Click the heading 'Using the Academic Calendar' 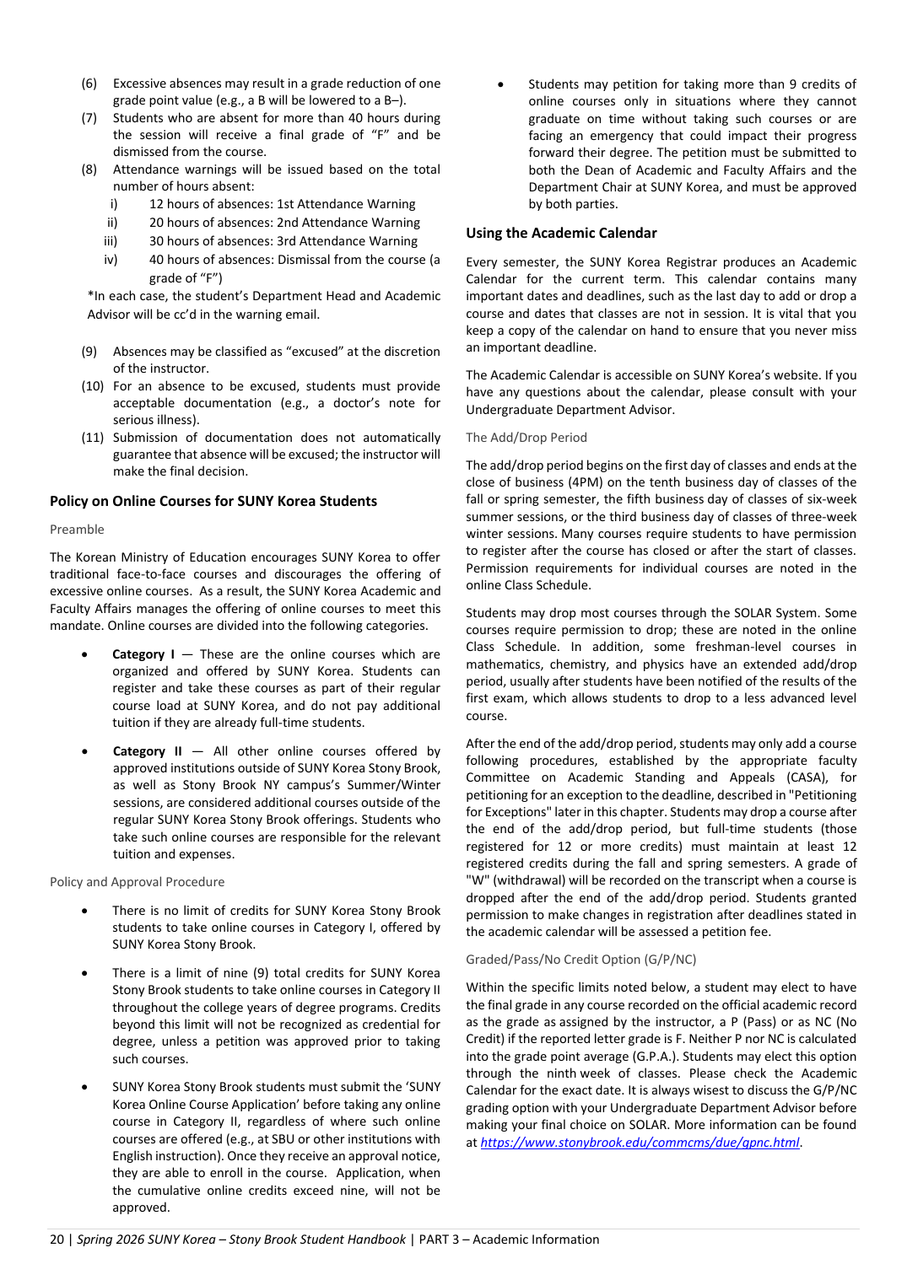click(561, 233)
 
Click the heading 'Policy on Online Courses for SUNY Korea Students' click(213, 501)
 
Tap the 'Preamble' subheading click(77, 530)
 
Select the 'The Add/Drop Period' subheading click(526, 438)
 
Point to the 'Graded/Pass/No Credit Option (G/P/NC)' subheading click(580, 960)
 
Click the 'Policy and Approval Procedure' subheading click(137, 882)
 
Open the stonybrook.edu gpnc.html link click(640, 1143)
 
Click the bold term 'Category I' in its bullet click(143, 654)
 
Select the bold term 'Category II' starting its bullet click(147, 751)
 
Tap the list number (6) click(89, 83)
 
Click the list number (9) click(89, 352)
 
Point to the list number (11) click(93, 438)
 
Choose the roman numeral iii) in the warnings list click(111, 241)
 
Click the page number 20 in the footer click(57, 1240)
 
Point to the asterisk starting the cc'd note click(90, 296)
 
